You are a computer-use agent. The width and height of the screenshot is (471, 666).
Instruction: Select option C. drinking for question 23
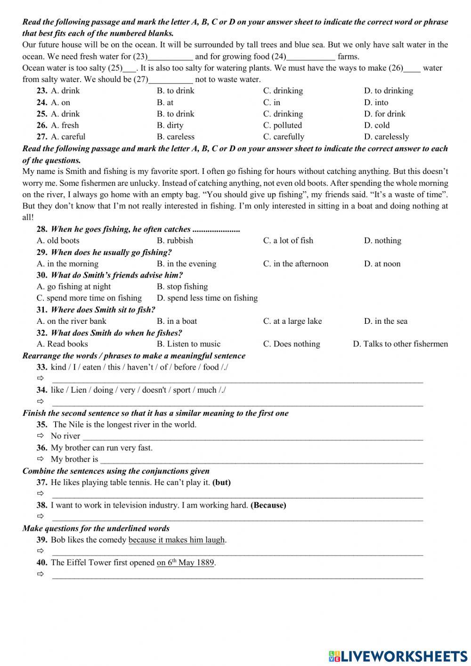283,90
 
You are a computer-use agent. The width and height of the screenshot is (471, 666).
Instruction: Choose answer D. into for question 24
376,102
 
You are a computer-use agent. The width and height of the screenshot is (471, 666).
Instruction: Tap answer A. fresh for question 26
65,125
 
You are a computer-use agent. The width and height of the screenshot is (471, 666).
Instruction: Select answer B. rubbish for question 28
175,240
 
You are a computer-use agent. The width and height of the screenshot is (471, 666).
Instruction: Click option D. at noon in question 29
382,263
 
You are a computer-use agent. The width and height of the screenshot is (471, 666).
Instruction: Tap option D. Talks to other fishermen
400,344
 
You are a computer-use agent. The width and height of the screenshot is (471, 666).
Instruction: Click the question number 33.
42,367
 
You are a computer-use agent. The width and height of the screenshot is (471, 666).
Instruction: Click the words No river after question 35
65,436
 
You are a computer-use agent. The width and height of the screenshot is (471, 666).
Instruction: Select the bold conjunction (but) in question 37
221,482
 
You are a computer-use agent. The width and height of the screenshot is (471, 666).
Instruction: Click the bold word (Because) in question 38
268,505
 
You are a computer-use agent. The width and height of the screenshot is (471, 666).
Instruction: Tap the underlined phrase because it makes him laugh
177,540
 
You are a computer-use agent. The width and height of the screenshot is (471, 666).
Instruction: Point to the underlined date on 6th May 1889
186,563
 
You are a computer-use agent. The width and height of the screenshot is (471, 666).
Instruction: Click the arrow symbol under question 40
41,574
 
